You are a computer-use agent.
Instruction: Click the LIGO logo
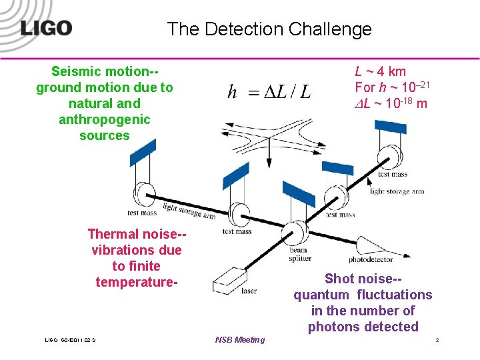[46, 29]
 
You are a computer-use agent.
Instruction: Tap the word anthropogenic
[105, 119]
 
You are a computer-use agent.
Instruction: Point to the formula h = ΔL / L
[269, 91]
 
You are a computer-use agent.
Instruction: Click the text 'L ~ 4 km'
[380, 71]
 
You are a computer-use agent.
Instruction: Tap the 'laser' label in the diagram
[248, 291]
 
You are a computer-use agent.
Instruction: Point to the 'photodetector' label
[371, 259]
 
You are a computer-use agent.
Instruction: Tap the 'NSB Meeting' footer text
[240, 340]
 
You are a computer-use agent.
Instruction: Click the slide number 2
[437, 340]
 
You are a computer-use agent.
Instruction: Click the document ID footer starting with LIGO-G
[71, 341]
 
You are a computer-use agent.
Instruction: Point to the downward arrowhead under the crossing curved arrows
[269, 162]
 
